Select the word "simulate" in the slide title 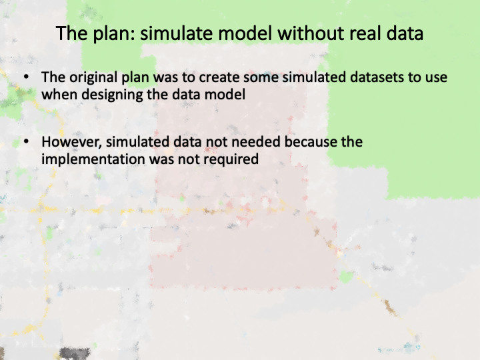176,33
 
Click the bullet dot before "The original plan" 26,77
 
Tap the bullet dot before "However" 26,141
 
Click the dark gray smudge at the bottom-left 75,353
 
